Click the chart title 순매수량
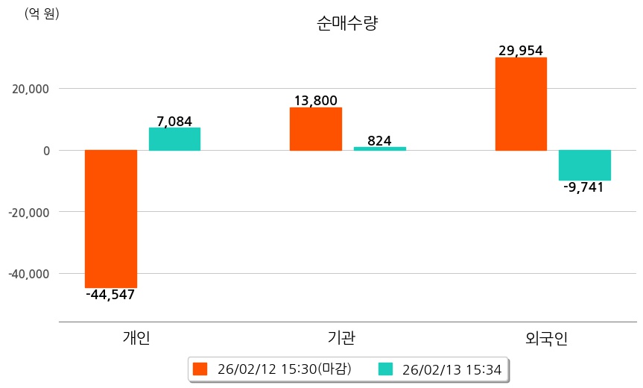click(x=348, y=24)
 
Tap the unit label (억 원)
click(x=42, y=13)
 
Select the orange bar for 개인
click(x=110, y=219)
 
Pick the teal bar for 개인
click(x=174, y=139)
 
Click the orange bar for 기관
click(x=315, y=129)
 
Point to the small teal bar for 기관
click(x=379, y=148)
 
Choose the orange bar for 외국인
click(x=521, y=104)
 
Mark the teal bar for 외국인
click(x=585, y=165)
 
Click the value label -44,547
click(x=110, y=295)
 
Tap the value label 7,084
click(x=174, y=120)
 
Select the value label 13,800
click(x=315, y=100)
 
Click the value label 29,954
click(x=521, y=50)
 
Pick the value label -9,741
click(x=584, y=187)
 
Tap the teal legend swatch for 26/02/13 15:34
click(x=385, y=369)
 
